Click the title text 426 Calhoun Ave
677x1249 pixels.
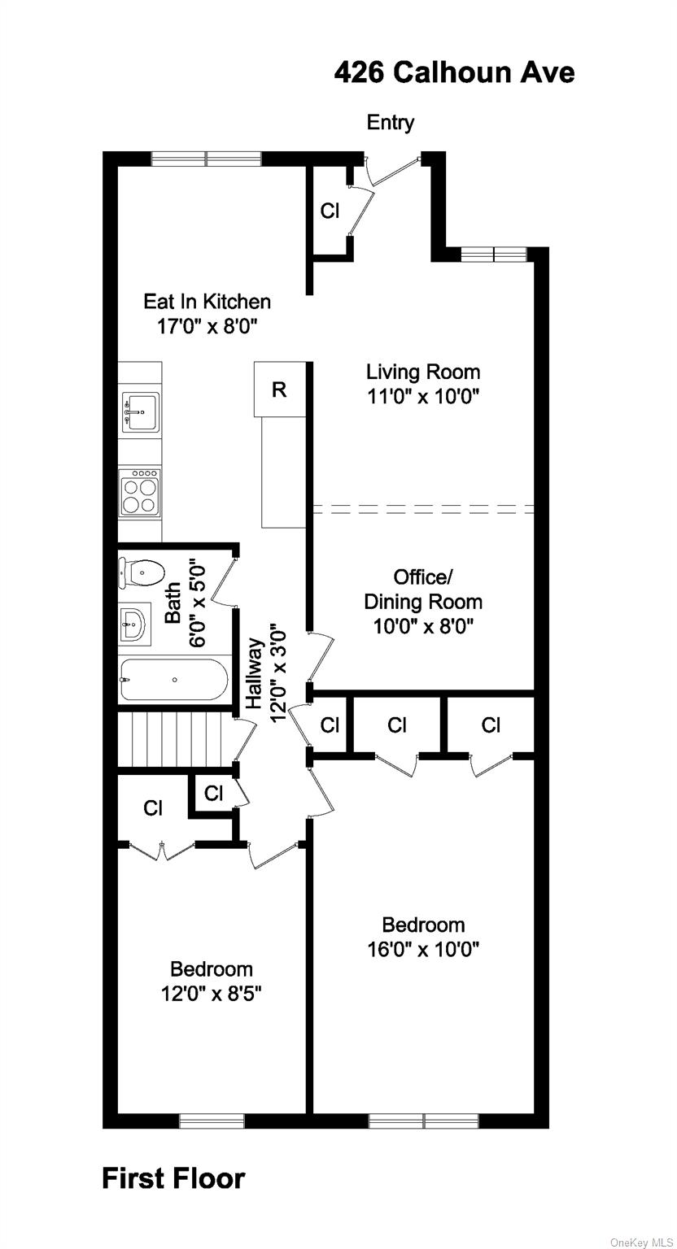[454, 72]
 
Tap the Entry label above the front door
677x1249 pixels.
[391, 122]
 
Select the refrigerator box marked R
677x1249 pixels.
[279, 389]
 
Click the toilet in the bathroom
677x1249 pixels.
[142, 572]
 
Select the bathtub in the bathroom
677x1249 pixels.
[174, 679]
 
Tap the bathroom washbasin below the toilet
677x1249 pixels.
[134, 624]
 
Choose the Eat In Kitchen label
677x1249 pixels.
[207, 302]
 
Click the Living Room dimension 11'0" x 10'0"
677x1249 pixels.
[423, 397]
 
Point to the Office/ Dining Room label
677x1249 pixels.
[422, 590]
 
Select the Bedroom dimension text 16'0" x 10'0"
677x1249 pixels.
[423, 949]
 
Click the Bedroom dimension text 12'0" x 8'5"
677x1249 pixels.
[211, 993]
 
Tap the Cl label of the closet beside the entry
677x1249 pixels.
[330, 211]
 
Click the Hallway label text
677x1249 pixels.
[255, 672]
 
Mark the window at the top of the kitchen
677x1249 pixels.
[206, 159]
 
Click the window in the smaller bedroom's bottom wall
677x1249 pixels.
[212, 1121]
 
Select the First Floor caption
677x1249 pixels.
[173, 1178]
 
